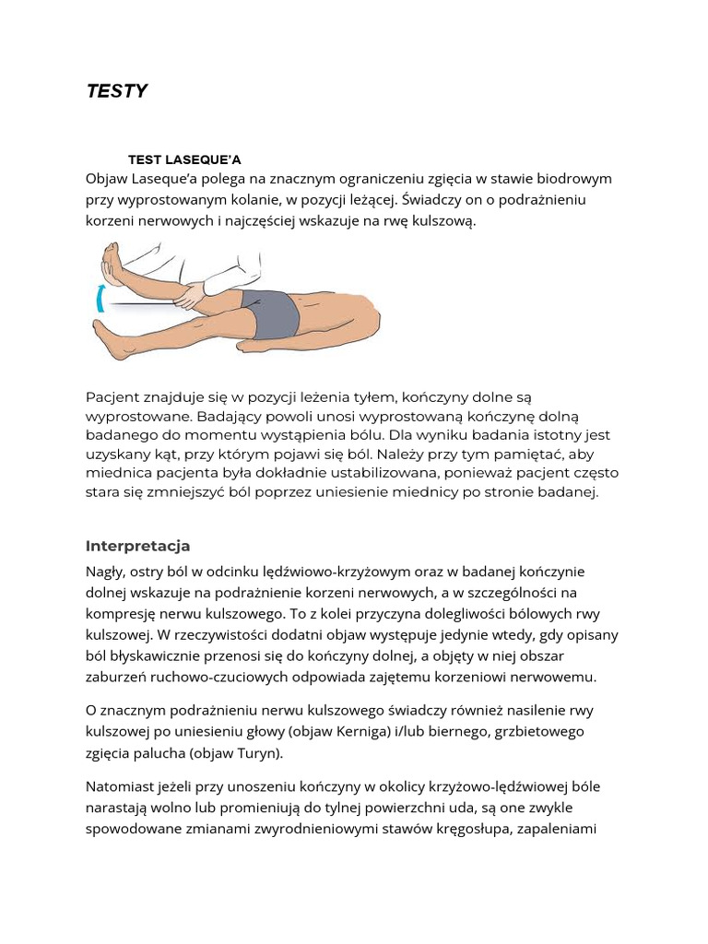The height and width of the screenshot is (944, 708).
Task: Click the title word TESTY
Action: tap(117, 91)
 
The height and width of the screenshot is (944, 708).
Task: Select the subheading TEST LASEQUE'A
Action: tap(184, 159)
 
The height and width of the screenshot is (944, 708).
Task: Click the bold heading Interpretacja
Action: tap(137, 546)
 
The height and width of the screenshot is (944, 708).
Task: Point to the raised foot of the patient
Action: tap(112, 265)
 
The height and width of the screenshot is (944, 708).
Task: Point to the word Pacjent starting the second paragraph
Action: tap(113, 397)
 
